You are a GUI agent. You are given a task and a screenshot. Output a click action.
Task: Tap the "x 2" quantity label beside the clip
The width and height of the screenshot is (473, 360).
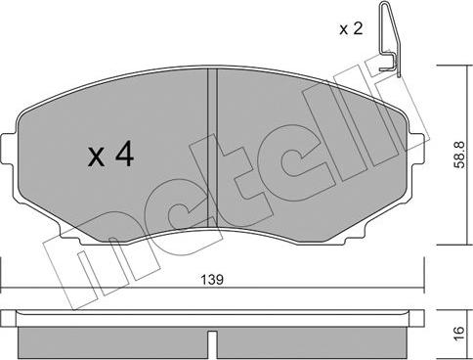(x=351, y=29)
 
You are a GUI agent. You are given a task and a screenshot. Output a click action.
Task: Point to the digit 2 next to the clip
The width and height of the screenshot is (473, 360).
(x=358, y=29)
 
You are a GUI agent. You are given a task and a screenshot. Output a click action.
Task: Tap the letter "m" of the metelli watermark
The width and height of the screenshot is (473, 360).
(x=73, y=269)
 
